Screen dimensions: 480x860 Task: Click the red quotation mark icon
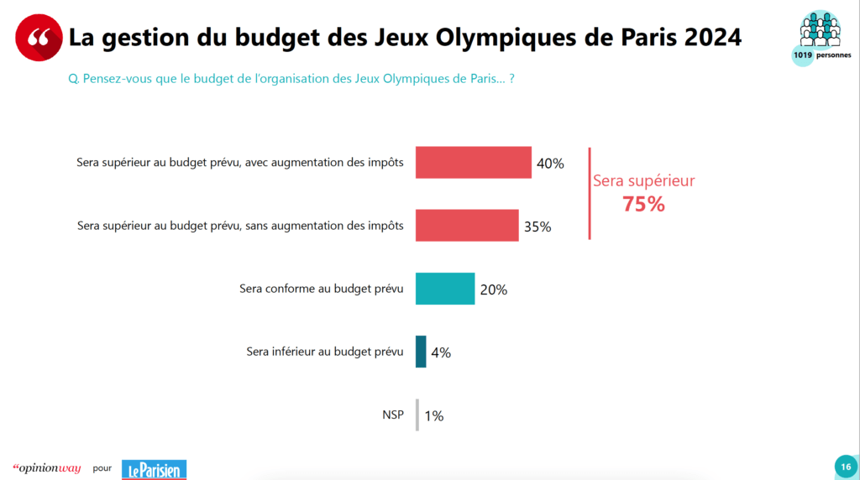click(39, 37)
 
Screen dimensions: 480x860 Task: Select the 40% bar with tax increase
click(474, 163)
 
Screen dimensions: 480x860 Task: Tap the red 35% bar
click(467, 226)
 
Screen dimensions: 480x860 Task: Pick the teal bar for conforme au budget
click(445, 289)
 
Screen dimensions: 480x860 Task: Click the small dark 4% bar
click(421, 352)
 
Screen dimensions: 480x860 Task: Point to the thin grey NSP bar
click(417, 415)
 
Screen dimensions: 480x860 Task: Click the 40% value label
click(550, 164)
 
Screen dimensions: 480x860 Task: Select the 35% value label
click(537, 227)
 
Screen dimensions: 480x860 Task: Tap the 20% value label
click(493, 290)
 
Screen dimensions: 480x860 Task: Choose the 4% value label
click(440, 352)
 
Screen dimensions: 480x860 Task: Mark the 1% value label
click(433, 415)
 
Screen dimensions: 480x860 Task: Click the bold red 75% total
click(643, 204)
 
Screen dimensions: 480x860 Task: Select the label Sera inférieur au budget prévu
click(324, 352)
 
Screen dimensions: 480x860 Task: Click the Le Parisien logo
click(154, 469)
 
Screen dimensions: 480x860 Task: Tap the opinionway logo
click(47, 468)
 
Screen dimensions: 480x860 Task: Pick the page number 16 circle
click(845, 467)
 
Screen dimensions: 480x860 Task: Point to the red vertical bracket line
click(590, 194)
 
